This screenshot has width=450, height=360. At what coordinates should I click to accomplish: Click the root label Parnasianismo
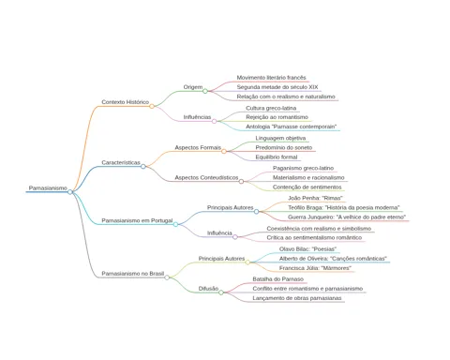(x=48, y=188)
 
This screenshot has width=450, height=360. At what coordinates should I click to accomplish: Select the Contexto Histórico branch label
(x=126, y=102)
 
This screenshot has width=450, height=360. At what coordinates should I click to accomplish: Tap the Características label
(x=121, y=162)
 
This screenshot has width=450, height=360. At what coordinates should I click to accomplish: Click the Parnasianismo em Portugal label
(x=137, y=220)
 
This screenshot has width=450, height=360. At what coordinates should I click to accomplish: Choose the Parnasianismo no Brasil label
(x=133, y=274)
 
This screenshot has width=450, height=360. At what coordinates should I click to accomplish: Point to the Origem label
(x=193, y=87)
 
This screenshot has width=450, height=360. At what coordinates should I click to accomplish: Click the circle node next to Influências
(x=214, y=121)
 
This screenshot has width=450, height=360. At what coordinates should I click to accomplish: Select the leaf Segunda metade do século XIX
(x=277, y=87)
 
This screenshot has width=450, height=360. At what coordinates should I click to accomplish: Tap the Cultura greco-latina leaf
(x=271, y=108)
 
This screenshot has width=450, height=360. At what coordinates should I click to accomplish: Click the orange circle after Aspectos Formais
(x=224, y=152)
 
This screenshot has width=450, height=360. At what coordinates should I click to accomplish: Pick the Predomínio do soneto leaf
(x=284, y=147)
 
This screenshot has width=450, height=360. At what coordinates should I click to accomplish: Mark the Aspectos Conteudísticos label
(x=206, y=177)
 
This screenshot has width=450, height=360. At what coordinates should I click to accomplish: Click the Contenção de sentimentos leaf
(x=307, y=187)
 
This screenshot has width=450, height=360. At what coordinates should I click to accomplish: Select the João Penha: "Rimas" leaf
(x=315, y=198)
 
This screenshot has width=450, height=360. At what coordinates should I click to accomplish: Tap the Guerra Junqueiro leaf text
(x=347, y=217)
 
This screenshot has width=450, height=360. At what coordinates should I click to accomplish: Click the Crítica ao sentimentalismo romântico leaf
(x=314, y=238)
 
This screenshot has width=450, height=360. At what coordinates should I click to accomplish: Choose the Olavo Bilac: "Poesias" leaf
(x=307, y=249)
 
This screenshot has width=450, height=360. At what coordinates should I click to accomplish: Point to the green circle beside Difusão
(x=221, y=292)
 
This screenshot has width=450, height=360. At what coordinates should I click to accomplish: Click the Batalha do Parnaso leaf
(x=277, y=279)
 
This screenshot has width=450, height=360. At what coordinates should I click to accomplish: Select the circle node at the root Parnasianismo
(x=70, y=192)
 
